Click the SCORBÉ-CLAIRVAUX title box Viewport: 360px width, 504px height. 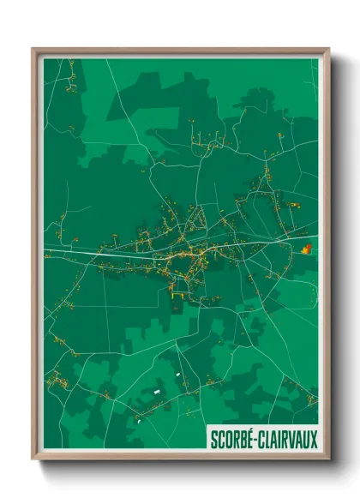click(x=263, y=439)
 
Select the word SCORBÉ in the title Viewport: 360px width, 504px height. click(x=233, y=440)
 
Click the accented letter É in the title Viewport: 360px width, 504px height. click(x=253, y=439)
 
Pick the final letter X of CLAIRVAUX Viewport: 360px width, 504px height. click(x=314, y=440)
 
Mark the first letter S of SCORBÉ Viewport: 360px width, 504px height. click(x=213, y=440)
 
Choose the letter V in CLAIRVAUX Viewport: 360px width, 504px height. click(x=291, y=440)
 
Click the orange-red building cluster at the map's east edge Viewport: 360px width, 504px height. click(x=307, y=249)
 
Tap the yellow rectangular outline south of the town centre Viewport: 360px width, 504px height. click(x=178, y=291)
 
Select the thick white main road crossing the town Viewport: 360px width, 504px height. click(x=103, y=253)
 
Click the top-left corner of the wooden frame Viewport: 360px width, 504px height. click(x=33, y=50)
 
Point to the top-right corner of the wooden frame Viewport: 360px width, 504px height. click(x=327, y=50)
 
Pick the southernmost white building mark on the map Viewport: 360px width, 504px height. click(x=136, y=421)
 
